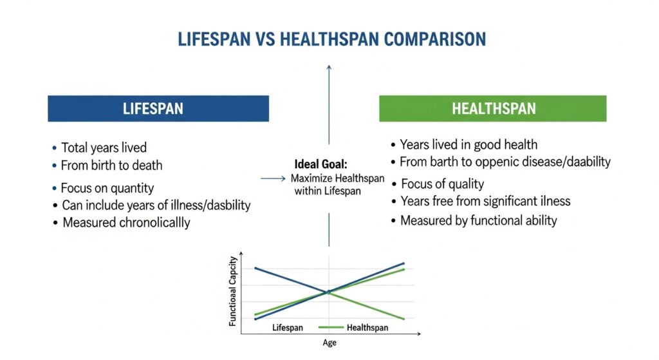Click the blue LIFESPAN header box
[x=158, y=108]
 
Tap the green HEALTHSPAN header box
[x=492, y=108]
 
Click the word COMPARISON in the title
[x=435, y=39]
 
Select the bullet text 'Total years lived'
[x=104, y=147]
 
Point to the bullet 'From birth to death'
[x=111, y=166]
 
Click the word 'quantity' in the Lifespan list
[x=132, y=189]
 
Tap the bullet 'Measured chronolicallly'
[x=126, y=223]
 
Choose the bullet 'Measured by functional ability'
[x=478, y=221]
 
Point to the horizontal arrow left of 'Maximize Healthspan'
[x=272, y=178]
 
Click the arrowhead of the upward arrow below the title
[x=329, y=66]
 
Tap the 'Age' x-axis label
[x=329, y=343]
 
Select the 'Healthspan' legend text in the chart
[x=367, y=328]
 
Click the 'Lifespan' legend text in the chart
[x=287, y=328]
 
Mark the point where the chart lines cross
[x=329, y=292]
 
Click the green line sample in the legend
[x=331, y=328]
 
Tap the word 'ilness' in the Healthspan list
[x=555, y=202]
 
